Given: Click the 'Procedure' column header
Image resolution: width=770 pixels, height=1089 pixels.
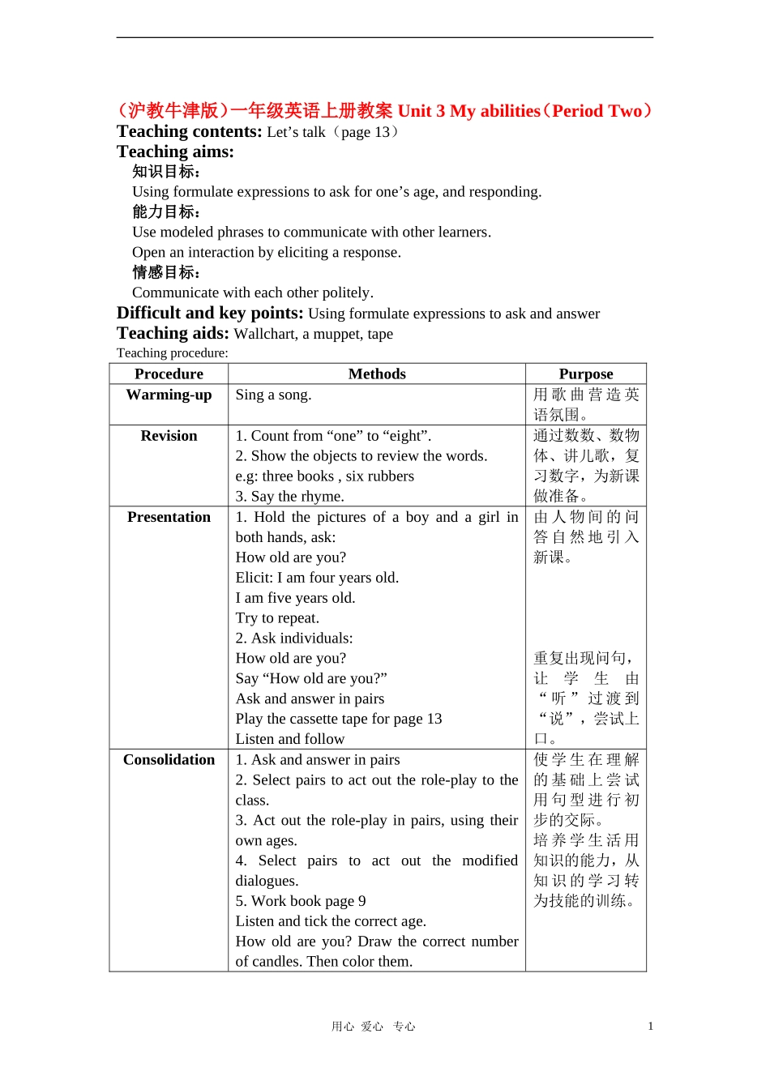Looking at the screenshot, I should pos(169,374).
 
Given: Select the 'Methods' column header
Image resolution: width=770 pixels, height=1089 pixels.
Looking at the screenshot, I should pos(377,374).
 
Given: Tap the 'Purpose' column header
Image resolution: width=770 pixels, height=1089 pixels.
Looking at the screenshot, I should pos(585,374).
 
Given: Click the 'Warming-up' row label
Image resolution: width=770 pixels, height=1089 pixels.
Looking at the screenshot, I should pos(169,395).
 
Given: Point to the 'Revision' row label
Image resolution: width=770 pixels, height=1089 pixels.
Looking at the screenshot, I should pos(169,436).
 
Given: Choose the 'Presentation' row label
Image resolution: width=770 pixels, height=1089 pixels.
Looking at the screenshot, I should pos(169,517).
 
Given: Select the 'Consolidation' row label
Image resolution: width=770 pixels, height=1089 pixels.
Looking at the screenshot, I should pos(169,760).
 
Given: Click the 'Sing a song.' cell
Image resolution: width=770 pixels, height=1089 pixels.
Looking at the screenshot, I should pos(273,395).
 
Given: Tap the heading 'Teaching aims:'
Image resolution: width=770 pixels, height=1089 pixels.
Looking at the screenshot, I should pos(175,152).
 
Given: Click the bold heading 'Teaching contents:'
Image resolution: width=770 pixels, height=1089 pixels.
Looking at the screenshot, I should pos(189,131).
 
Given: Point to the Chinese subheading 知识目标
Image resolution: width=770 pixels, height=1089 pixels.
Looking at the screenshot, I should pos(165,172).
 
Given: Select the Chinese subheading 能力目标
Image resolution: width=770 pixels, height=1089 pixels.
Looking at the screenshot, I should pos(165,212).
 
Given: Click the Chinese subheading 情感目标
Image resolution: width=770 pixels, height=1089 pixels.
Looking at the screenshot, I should pos(165,273).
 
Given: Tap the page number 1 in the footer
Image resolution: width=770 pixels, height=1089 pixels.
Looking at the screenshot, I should pos(650,1026).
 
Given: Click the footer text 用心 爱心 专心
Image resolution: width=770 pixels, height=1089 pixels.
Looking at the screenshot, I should pos(373,1027).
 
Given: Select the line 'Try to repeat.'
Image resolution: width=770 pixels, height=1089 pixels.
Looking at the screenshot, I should pos(277,618).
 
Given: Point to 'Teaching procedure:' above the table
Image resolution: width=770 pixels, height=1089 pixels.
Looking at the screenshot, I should pos(173,353).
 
